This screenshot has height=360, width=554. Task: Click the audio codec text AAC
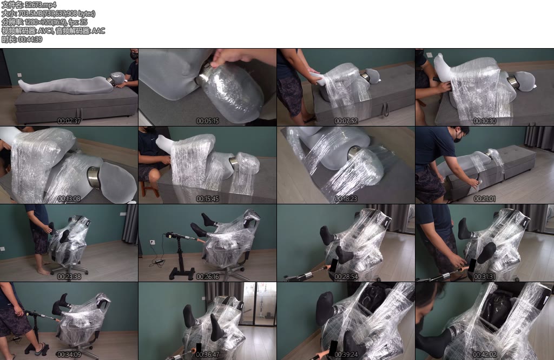point(98,31)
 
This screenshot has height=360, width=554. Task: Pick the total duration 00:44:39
point(30,39)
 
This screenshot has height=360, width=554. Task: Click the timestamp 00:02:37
point(69,121)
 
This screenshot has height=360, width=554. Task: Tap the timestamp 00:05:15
point(207,121)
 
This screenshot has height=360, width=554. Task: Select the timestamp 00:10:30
point(484,121)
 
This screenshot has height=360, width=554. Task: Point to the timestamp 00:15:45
point(207,199)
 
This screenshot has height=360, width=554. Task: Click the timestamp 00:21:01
point(484,199)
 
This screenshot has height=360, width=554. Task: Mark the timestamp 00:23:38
point(69,277)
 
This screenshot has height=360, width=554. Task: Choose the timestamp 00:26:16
point(207,277)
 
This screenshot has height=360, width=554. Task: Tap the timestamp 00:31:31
point(484,277)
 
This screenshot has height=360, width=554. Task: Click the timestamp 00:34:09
point(69,355)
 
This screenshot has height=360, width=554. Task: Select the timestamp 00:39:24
point(346,355)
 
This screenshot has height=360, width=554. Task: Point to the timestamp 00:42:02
point(484,355)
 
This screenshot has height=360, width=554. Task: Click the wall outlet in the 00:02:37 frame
point(19,75)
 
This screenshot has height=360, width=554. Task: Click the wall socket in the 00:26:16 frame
point(152,243)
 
